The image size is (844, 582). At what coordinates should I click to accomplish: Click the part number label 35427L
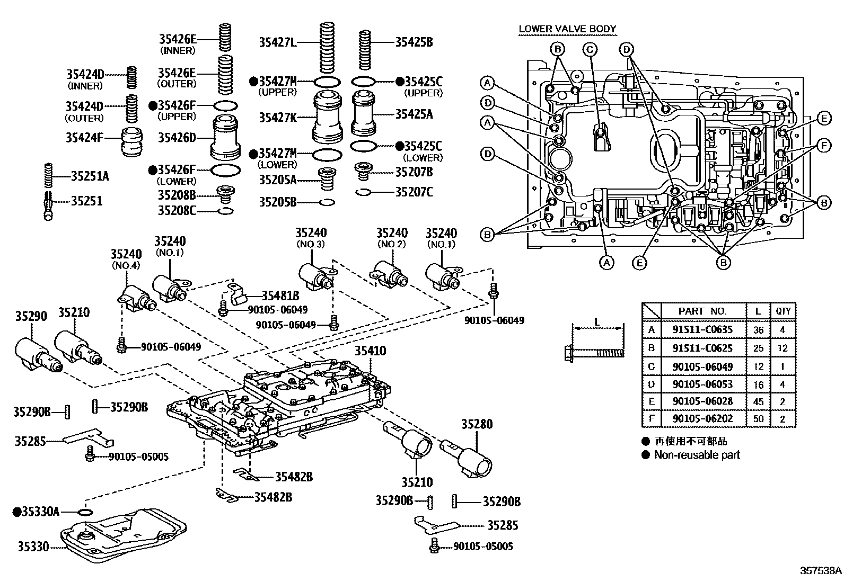[x=277, y=42]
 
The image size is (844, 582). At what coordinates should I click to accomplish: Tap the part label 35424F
[x=84, y=138]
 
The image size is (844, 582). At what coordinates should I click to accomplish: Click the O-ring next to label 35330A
[x=84, y=512]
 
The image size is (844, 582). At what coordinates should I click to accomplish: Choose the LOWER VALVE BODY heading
[x=567, y=29]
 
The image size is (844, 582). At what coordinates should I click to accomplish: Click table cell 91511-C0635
[x=702, y=329]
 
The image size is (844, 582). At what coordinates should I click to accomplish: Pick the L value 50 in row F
[x=758, y=419]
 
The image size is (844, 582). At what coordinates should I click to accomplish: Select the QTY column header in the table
[x=783, y=311]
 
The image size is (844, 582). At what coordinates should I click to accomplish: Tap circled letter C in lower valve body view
[x=590, y=50]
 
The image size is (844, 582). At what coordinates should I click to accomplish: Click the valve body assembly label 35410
[x=370, y=351]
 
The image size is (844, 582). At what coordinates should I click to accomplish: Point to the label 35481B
[x=280, y=296]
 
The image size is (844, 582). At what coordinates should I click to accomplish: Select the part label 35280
[x=476, y=424]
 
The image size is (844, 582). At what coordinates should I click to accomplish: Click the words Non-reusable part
[x=696, y=455]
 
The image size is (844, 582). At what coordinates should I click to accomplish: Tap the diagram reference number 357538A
[x=820, y=571]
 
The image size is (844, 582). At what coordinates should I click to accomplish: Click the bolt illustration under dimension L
[x=593, y=351]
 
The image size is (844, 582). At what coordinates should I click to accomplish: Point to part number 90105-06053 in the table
[x=702, y=384]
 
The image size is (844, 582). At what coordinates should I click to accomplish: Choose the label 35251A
[x=90, y=176]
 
